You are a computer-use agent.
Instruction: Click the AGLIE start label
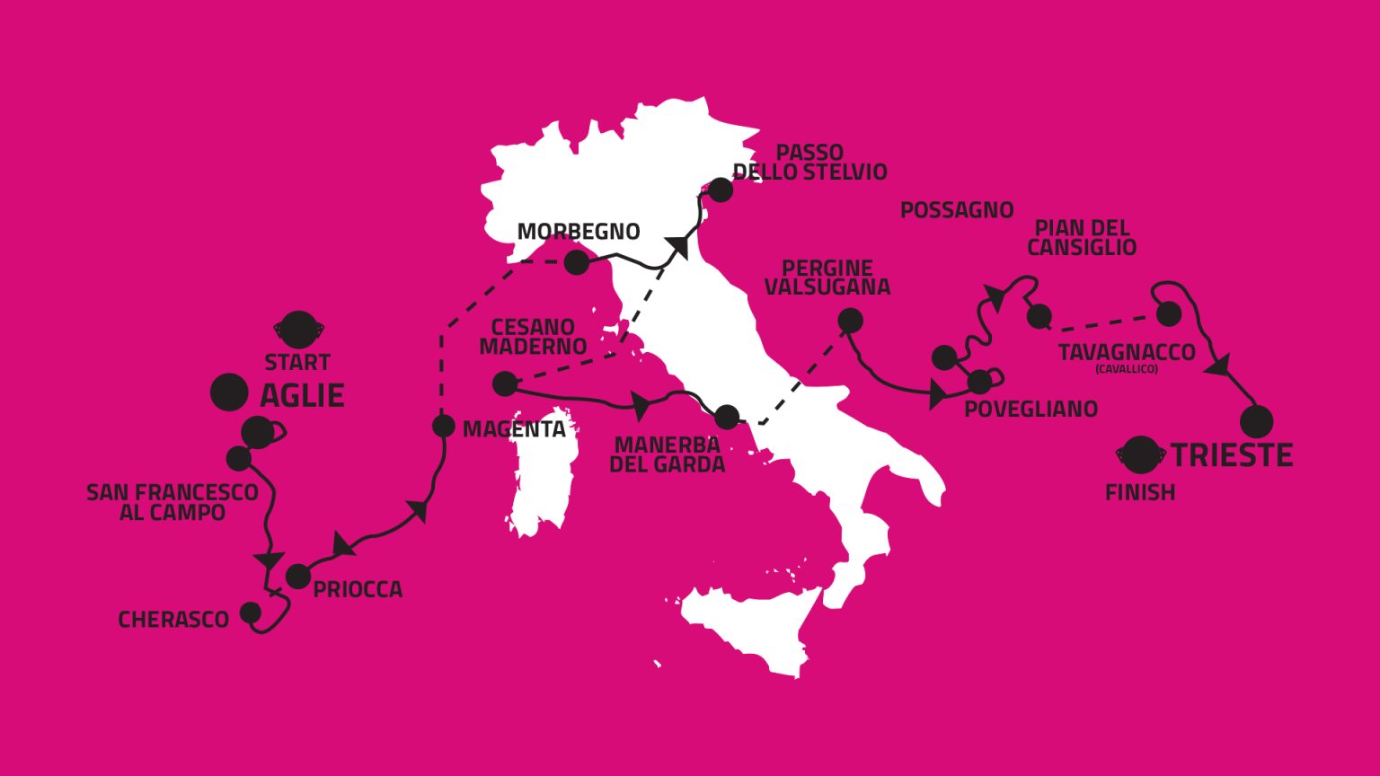(302, 395)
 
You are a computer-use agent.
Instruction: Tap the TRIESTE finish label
(1231, 455)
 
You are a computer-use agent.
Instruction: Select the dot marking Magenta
(443, 426)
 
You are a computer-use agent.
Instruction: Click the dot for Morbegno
(576, 262)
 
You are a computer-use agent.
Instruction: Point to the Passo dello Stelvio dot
(721, 190)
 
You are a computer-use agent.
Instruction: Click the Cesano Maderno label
(533, 336)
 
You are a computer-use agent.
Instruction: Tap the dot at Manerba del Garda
(726, 417)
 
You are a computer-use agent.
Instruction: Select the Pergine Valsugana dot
(850, 320)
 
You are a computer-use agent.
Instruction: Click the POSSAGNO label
(956, 210)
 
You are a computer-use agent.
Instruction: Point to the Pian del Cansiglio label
(1082, 237)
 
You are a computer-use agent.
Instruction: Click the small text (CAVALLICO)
(1126, 369)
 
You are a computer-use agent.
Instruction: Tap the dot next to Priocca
(297, 576)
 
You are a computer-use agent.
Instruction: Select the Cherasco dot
(251, 613)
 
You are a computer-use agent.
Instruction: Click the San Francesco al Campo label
(172, 502)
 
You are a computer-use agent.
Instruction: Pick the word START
(297, 363)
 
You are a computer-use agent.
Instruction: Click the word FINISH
(1140, 492)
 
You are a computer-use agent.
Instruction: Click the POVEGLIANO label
(1031, 410)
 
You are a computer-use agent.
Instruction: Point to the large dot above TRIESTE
(1256, 421)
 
